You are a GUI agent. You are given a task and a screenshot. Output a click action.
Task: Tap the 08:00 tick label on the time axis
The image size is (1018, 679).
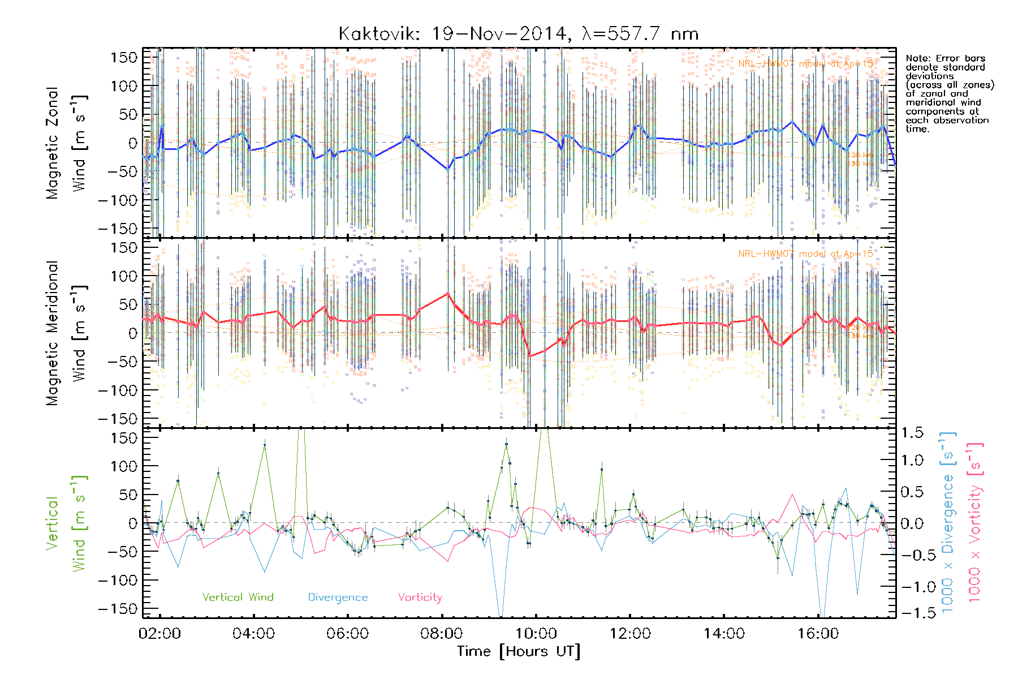click(442, 634)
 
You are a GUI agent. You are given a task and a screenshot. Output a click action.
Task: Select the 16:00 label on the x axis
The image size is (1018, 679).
click(818, 634)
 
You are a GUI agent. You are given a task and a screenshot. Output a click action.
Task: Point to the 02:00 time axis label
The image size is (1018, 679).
click(159, 634)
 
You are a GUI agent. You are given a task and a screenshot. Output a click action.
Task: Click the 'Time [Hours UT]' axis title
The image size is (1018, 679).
click(519, 652)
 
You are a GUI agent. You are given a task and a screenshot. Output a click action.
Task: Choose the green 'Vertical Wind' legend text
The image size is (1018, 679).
click(238, 598)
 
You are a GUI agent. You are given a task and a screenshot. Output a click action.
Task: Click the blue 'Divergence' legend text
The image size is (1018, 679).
click(338, 598)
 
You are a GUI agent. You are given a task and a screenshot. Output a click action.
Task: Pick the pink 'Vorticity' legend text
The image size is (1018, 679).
click(420, 598)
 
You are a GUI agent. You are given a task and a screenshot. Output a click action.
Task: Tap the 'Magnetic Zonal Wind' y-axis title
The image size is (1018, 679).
click(67, 143)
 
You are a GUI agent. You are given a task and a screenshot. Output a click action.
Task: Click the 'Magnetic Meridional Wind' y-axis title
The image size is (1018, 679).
click(67, 333)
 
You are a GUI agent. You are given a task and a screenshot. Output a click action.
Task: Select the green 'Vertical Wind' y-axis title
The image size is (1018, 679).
click(67, 523)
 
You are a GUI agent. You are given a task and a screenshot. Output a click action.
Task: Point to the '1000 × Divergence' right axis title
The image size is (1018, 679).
click(947, 523)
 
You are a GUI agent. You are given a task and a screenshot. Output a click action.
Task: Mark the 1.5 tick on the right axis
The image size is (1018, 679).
click(912, 433)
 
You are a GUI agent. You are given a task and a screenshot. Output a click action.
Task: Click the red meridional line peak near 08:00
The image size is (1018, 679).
click(448, 293)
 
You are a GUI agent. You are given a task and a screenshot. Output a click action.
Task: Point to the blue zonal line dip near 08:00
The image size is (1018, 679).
click(448, 169)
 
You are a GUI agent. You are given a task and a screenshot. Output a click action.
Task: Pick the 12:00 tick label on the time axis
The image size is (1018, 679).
click(630, 634)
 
